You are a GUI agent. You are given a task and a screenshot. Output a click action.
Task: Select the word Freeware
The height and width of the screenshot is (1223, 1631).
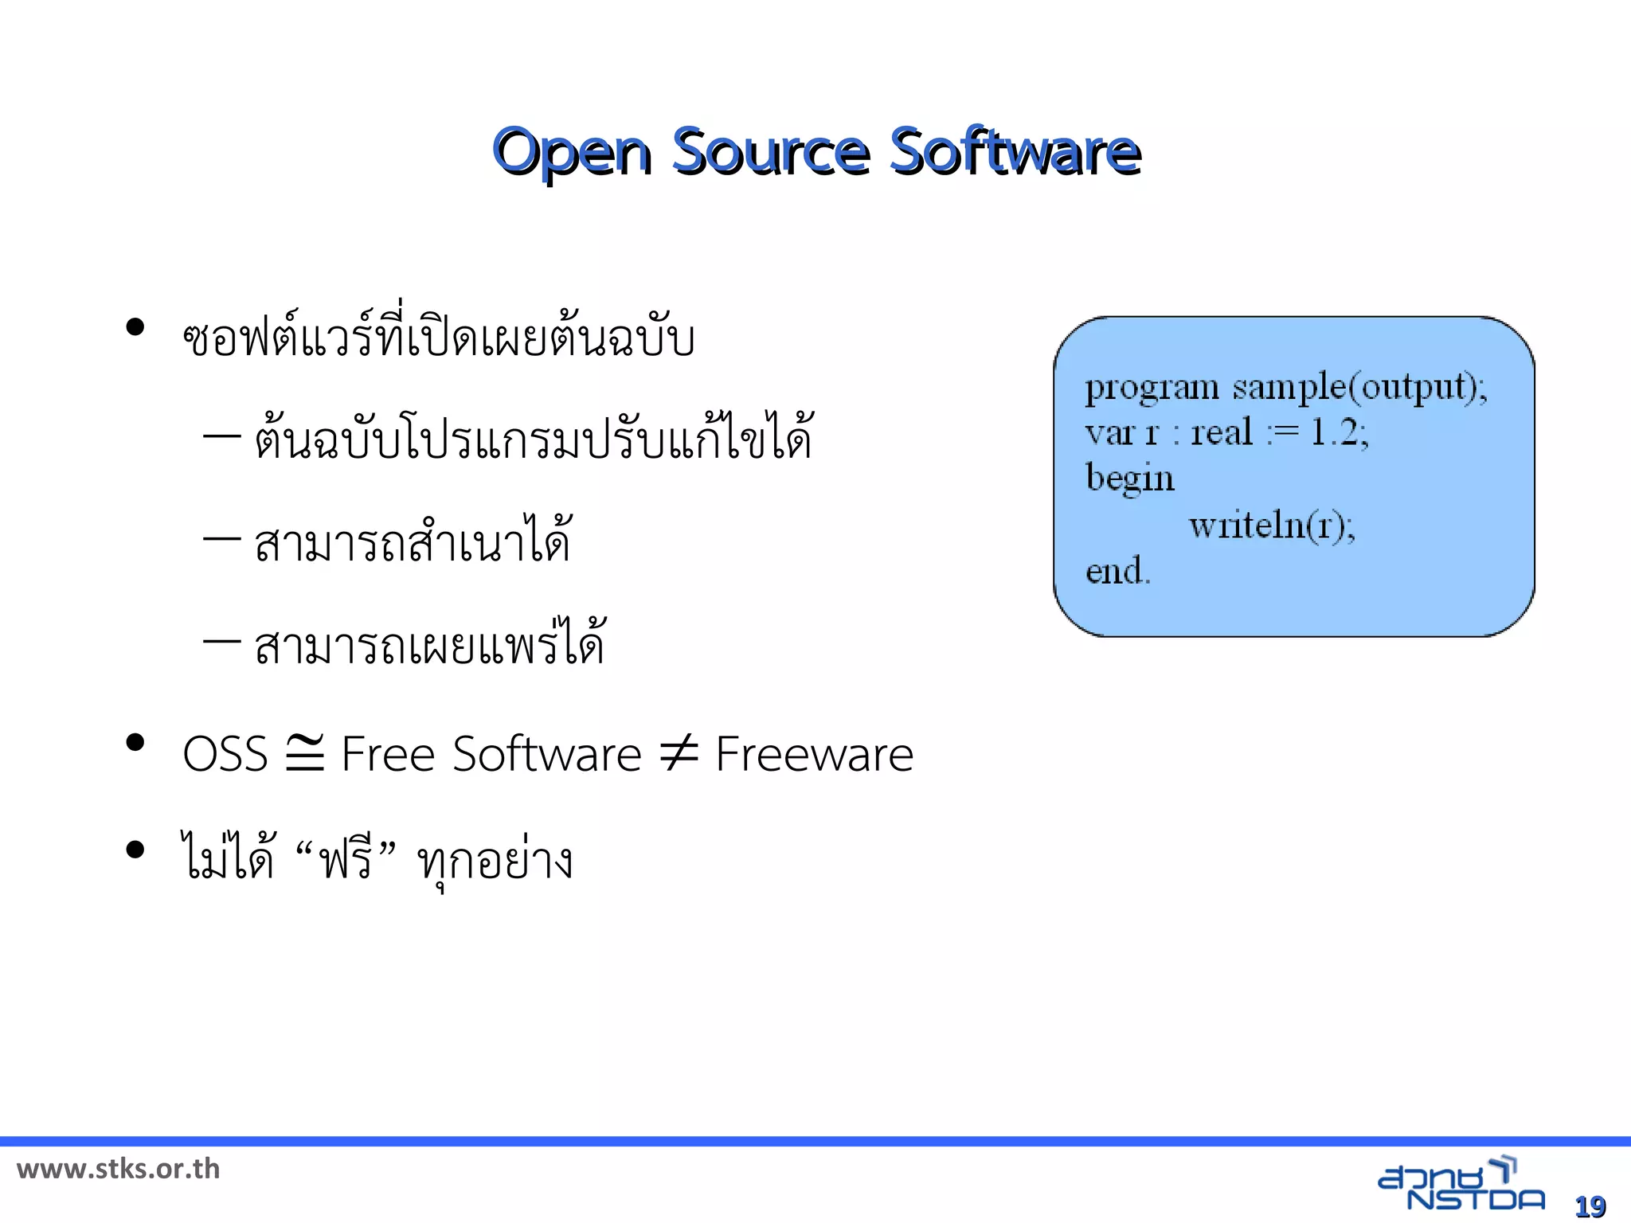(814, 754)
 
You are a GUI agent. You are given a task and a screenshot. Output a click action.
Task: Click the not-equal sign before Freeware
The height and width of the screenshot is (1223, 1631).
(679, 752)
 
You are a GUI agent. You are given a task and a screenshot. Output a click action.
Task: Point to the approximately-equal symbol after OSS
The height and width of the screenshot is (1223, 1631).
(305, 752)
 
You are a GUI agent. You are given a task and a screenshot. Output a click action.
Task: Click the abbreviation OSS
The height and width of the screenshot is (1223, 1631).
(225, 754)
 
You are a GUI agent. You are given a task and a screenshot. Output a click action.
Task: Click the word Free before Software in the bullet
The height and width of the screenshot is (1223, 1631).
(388, 754)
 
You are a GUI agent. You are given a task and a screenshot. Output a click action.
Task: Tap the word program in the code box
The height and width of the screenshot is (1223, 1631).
(1152, 389)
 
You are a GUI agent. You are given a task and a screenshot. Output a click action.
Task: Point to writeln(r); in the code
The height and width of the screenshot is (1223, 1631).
(1272, 526)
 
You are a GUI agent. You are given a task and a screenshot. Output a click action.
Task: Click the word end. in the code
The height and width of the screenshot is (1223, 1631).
(1118, 571)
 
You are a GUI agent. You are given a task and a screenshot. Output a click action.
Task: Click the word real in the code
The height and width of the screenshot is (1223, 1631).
(1222, 432)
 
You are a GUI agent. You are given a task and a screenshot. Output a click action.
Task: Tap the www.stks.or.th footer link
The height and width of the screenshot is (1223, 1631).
(118, 1169)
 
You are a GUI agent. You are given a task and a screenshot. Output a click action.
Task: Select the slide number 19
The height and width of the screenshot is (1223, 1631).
(1590, 1206)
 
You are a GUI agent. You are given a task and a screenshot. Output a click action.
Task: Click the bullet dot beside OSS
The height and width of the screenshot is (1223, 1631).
(135, 743)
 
